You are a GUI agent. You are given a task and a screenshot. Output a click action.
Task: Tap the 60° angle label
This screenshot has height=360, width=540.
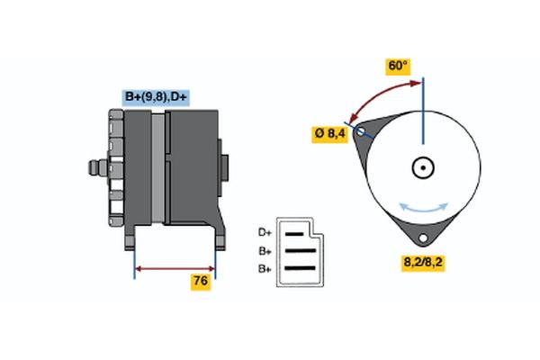tap(398, 67)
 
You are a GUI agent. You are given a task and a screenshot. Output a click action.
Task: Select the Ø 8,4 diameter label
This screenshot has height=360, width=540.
tap(330, 135)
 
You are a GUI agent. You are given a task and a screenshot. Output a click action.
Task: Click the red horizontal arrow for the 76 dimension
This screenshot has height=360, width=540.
tap(175, 268)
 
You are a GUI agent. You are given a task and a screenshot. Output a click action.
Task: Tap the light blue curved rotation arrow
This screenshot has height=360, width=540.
tap(423, 208)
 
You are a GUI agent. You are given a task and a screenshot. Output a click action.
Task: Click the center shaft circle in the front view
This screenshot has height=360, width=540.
tap(422, 167)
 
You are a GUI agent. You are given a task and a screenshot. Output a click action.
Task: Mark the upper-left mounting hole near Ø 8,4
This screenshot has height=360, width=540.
tap(362, 131)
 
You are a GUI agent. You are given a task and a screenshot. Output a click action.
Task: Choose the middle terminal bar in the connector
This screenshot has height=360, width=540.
tap(301, 252)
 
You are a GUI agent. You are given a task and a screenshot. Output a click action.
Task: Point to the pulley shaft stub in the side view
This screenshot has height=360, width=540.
tap(93, 168)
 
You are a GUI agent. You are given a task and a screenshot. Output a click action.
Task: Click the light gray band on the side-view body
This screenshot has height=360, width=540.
tap(157, 171)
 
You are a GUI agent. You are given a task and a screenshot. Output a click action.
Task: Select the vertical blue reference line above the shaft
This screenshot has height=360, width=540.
tap(422, 112)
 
